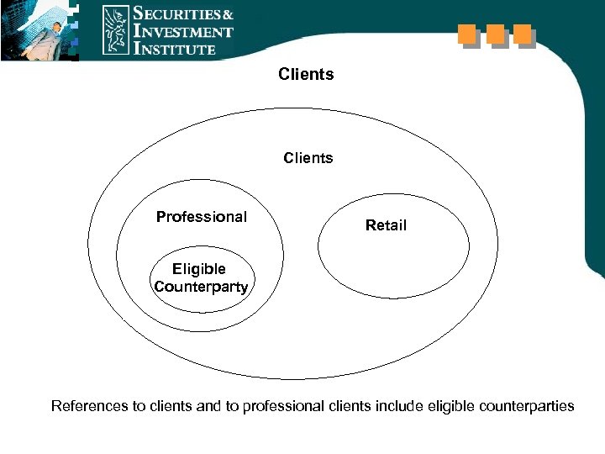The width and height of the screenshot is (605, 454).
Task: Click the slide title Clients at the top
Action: click(x=306, y=75)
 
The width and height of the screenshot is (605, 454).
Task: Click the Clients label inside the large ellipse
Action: click(x=308, y=158)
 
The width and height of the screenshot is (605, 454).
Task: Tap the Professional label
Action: click(x=202, y=217)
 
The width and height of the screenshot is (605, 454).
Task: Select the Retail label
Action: click(x=386, y=225)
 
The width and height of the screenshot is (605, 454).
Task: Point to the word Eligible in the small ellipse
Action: click(x=199, y=269)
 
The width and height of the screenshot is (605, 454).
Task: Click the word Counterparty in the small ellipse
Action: click(x=201, y=287)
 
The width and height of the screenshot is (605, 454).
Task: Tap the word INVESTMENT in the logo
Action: click(x=183, y=32)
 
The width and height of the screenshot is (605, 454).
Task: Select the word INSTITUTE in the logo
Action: click(x=176, y=49)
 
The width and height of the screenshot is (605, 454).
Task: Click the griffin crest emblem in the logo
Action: click(x=115, y=30)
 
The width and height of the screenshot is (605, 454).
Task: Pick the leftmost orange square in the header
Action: click(x=466, y=34)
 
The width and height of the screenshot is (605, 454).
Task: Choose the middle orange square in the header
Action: click(x=495, y=34)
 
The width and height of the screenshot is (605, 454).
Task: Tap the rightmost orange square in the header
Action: click(x=523, y=34)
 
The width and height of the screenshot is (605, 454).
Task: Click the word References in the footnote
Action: click(x=89, y=407)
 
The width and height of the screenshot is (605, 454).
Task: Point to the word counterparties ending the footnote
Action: click(x=527, y=407)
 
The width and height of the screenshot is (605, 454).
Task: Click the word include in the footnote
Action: click(x=400, y=407)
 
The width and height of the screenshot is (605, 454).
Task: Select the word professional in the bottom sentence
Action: click(x=282, y=407)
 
